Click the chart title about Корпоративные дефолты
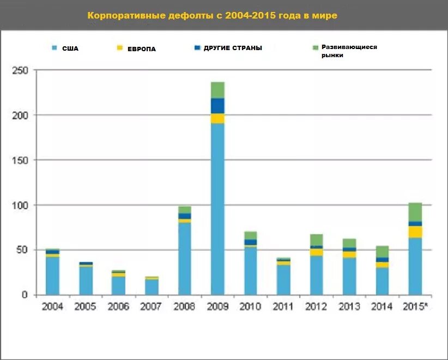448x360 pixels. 213,15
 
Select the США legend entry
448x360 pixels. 65,48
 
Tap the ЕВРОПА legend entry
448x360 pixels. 136,49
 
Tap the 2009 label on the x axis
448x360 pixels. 217,307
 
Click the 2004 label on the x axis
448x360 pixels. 52,307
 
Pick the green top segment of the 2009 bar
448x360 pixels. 217,90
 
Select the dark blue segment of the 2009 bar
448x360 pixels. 217,106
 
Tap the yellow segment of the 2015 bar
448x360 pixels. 415,232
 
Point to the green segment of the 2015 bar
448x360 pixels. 415,212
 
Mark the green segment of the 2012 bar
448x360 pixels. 317,240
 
